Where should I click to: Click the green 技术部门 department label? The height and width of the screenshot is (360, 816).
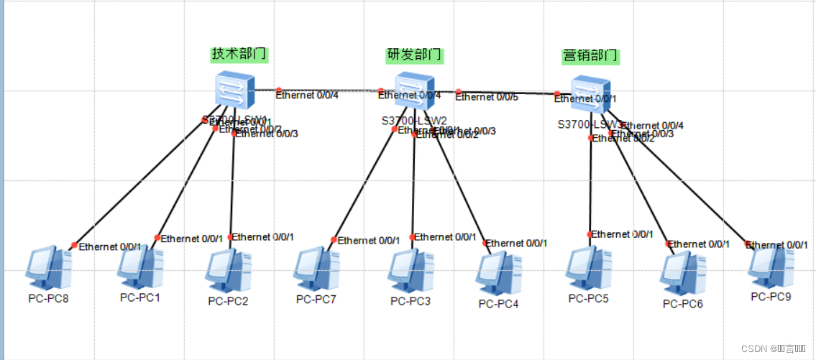tap(234, 53)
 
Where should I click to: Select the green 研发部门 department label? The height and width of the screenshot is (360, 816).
tap(414, 55)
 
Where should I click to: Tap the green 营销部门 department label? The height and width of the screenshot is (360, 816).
tap(590, 55)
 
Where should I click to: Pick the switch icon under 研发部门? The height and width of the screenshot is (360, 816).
tap(415, 92)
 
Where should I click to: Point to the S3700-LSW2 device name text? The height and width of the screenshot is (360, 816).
tap(414, 120)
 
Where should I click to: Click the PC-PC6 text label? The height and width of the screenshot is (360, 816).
tap(683, 304)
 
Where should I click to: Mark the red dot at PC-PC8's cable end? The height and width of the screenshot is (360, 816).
tap(74, 245)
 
